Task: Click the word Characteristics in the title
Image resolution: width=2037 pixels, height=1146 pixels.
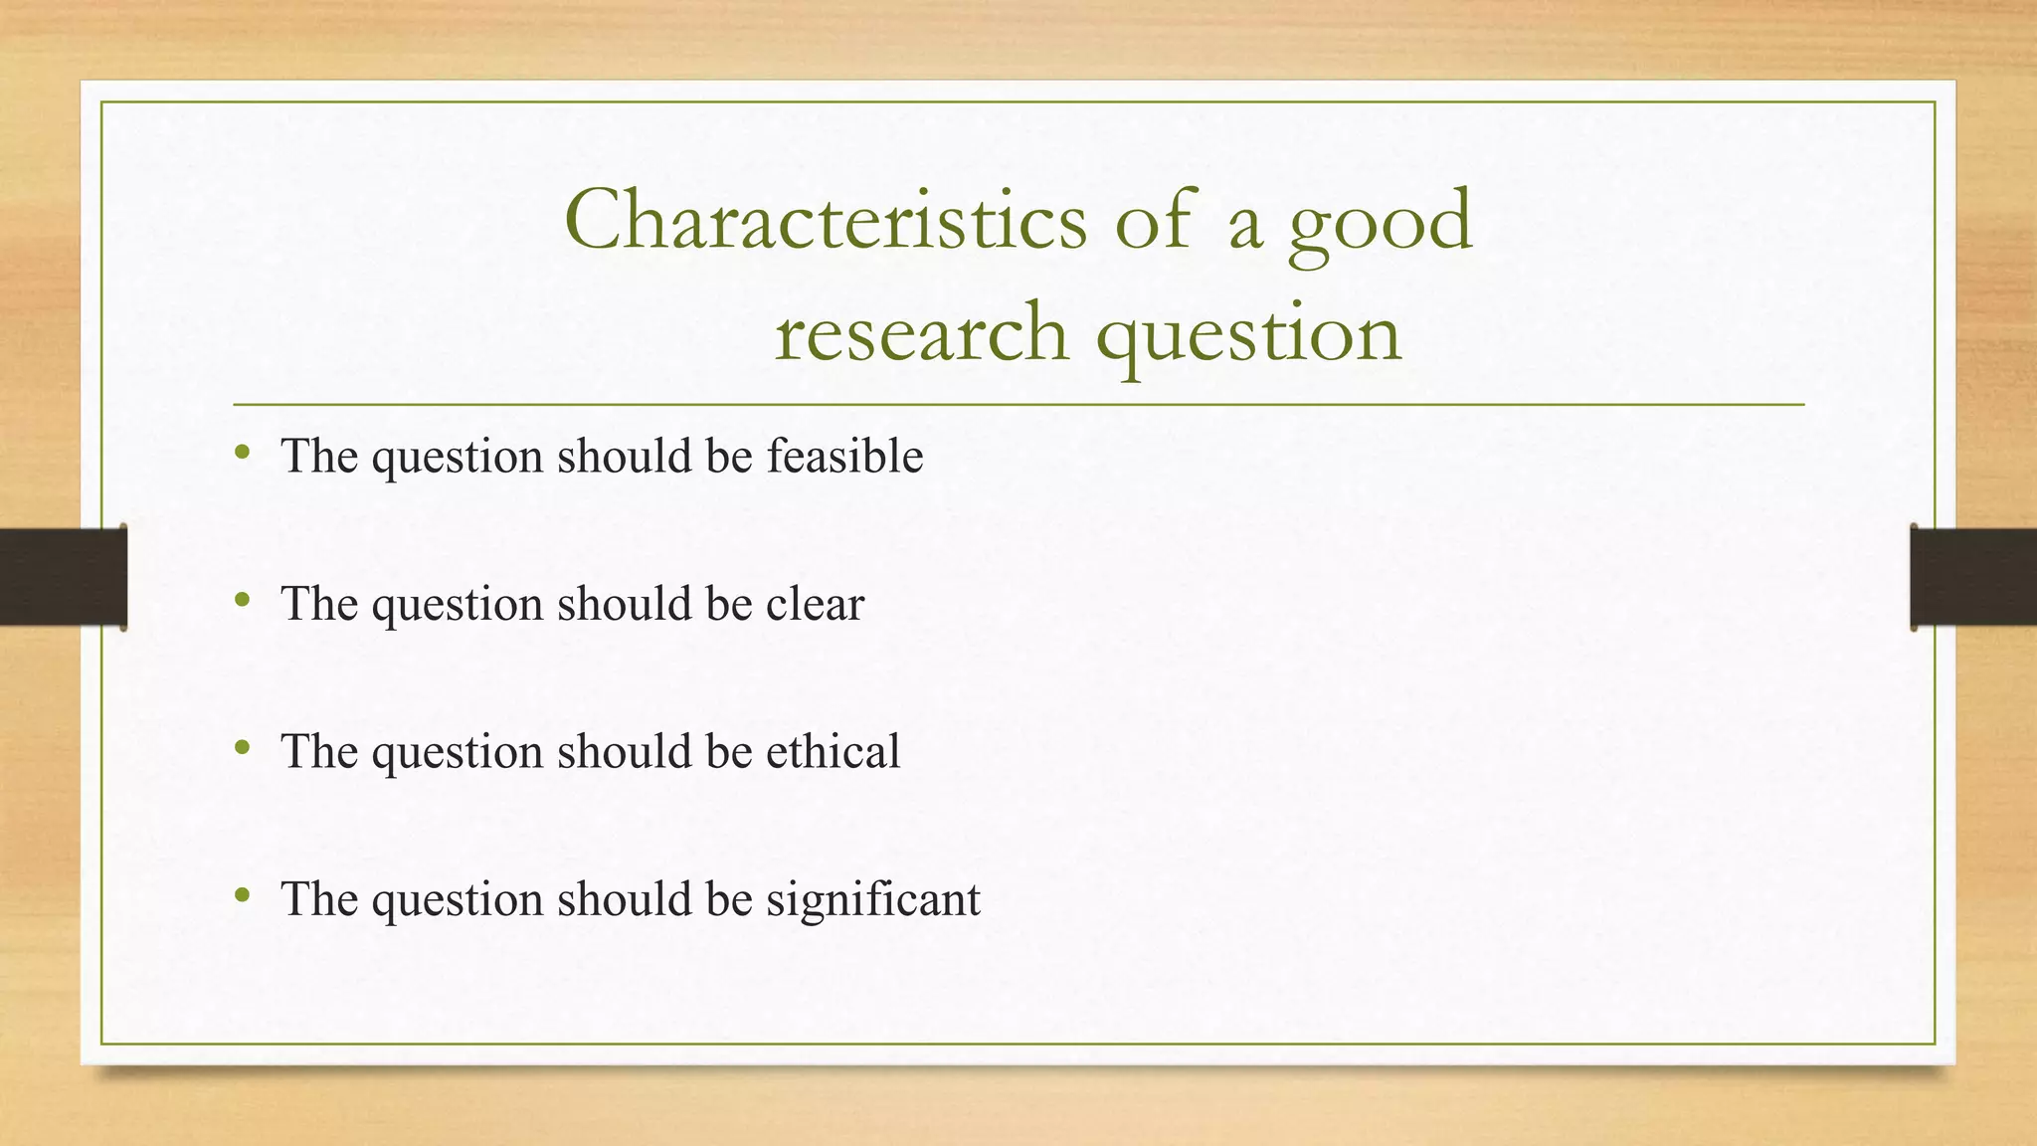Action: point(826,221)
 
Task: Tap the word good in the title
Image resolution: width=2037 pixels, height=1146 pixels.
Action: point(1381,224)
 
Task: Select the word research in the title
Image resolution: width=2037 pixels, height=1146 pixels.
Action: point(921,332)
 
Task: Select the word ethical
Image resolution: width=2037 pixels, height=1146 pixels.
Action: point(833,751)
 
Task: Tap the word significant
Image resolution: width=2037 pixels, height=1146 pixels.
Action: point(872,899)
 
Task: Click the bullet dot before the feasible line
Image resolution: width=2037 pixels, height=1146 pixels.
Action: point(242,454)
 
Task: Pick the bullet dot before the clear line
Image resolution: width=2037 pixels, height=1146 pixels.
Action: point(242,601)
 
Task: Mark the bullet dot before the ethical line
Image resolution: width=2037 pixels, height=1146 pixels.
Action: point(242,748)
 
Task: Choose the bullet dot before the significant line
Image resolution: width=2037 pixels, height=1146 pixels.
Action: point(242,896)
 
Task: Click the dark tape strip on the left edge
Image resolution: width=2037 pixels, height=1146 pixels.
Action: point(63,577)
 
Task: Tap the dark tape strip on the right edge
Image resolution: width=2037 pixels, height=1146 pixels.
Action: point(1973,577)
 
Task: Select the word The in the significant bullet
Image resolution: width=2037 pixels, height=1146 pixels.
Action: point(319,899)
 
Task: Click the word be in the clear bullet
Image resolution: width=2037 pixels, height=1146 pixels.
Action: point(729,604)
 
